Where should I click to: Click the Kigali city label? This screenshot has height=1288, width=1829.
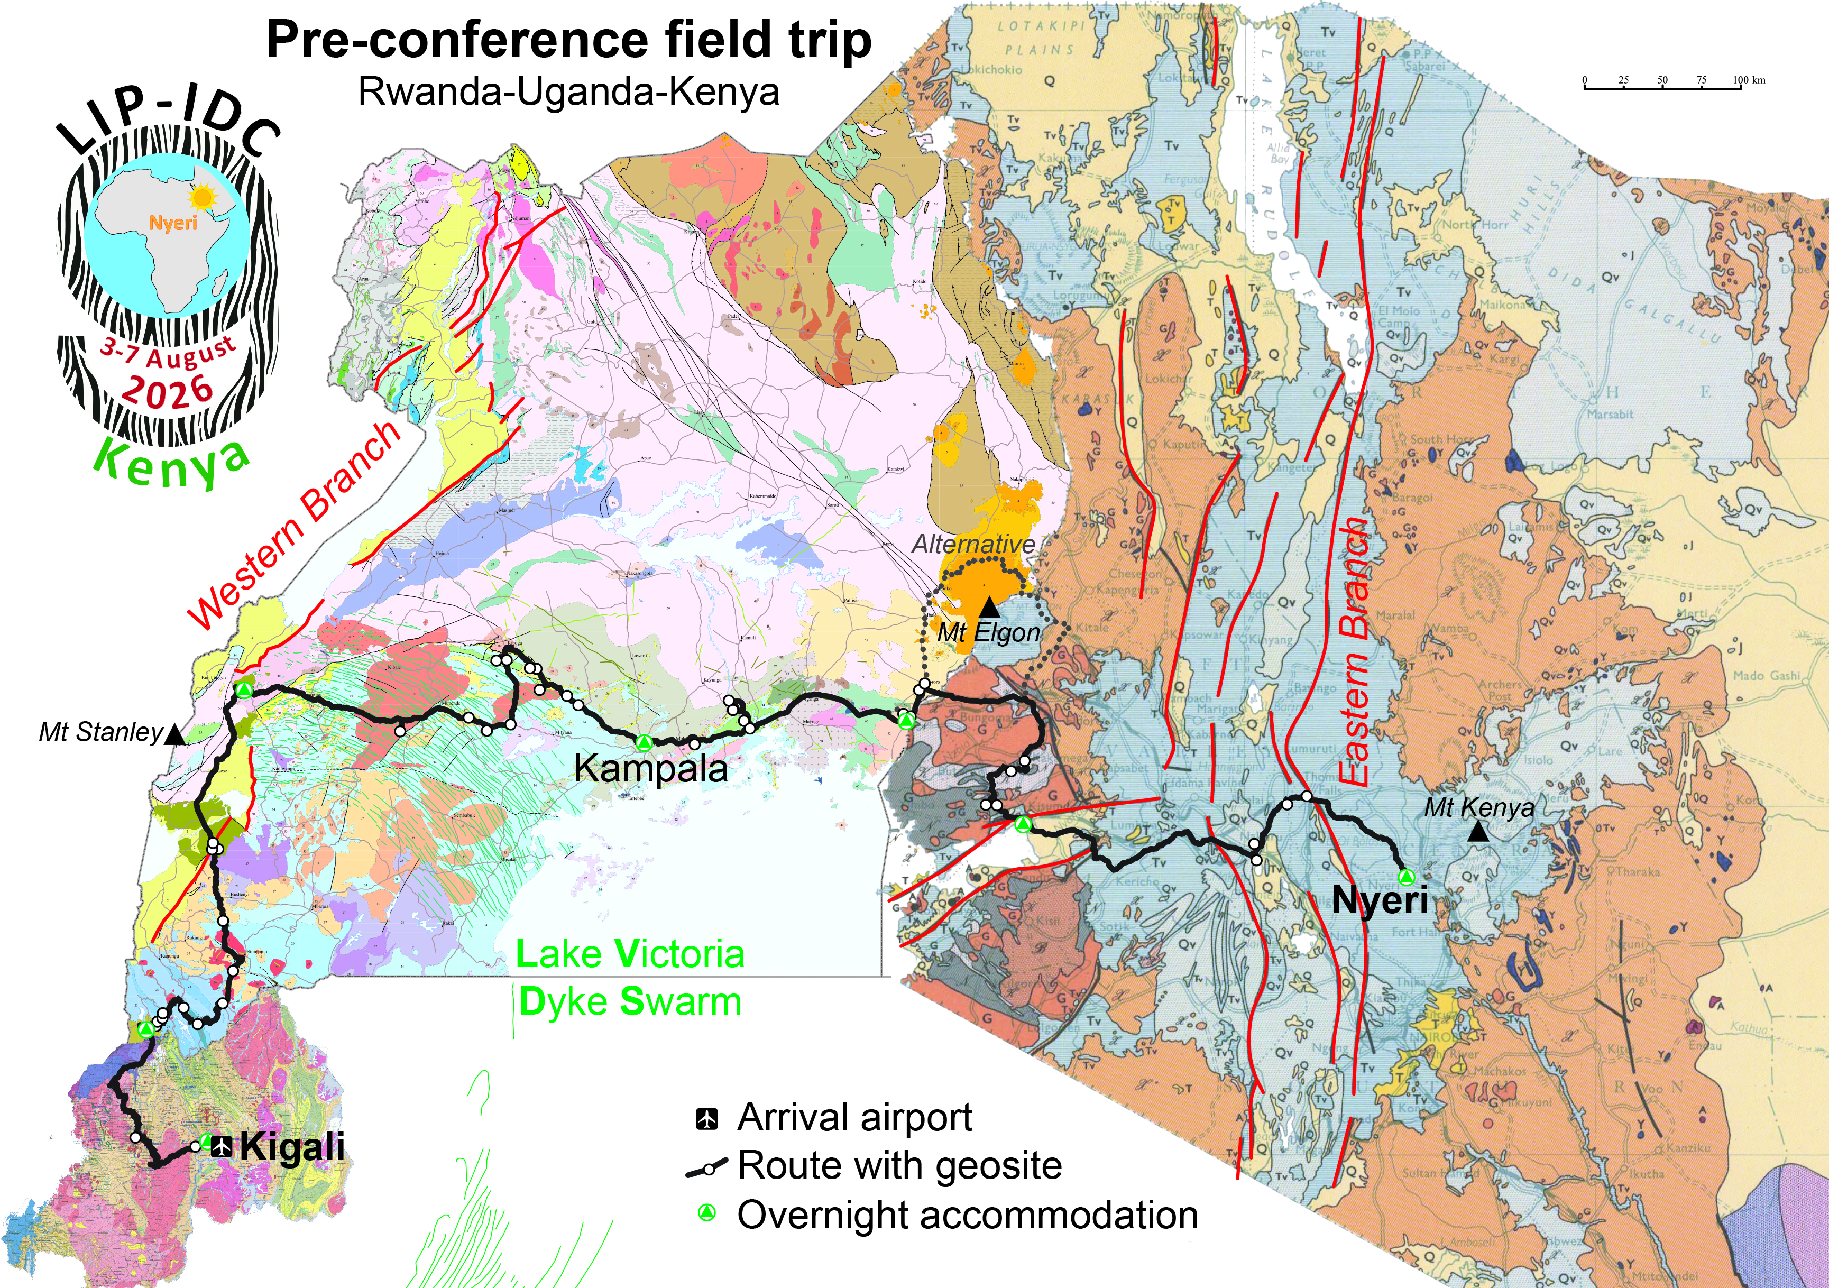click(x=292, y=1147)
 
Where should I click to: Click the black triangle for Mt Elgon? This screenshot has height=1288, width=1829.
click(x=989, y=607)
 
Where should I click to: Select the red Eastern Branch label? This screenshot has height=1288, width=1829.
click(x=1354, y=653)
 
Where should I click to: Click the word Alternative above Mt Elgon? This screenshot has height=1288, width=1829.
click(x=973, y=544)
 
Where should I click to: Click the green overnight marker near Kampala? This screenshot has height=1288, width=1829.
click(x=645, y=743)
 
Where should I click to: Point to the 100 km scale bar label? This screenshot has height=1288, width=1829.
click(x=1749, y=80)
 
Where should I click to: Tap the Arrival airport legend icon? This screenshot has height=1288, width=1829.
click(x=706, y=1118)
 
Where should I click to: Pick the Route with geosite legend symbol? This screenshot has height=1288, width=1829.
click(x=706, y=1168)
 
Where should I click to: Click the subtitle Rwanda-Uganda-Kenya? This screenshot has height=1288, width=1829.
click(x=569, y=91)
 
